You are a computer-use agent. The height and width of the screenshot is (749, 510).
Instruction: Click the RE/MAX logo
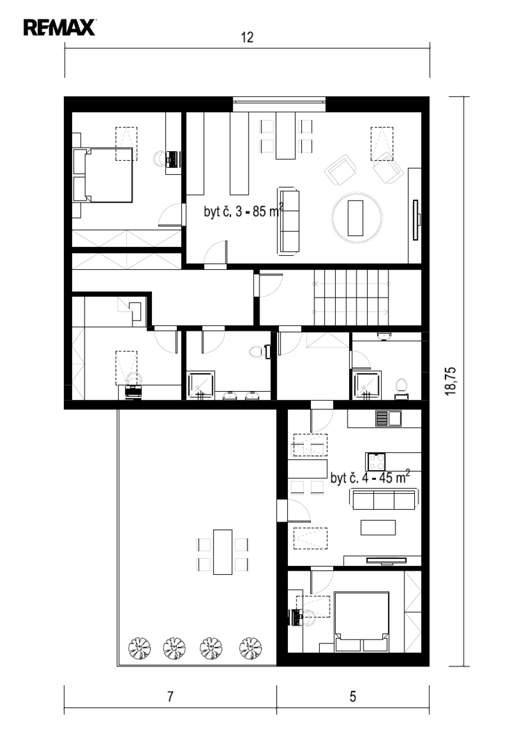60,28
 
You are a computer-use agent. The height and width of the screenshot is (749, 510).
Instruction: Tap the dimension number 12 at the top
247,37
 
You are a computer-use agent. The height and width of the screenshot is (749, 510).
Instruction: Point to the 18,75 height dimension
451,381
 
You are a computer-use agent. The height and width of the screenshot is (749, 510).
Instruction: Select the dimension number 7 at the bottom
170,696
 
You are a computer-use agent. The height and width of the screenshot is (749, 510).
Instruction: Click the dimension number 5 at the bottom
352,696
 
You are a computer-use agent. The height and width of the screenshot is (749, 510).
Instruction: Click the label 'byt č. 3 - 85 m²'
244,211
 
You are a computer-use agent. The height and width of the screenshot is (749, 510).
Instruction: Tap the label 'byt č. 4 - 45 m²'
371,476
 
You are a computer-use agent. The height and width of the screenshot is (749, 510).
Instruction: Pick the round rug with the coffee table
357,217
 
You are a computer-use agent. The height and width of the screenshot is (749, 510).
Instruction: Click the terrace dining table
223,552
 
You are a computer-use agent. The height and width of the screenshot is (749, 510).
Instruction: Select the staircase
351,297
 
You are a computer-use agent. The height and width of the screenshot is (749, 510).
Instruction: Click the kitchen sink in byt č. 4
388,418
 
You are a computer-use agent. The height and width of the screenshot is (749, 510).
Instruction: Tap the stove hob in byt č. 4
376,461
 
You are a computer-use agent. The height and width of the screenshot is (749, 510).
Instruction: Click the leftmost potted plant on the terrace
139,648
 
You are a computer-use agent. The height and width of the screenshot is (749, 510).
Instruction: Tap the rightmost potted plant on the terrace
250,648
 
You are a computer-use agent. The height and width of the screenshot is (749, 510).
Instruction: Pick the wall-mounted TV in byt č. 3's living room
416,220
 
